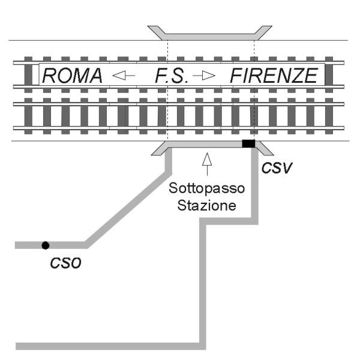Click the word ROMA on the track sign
pos(72,76)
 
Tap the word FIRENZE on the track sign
pos(274,76)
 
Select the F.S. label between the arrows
pos(172,76)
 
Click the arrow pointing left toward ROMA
pos(124,76)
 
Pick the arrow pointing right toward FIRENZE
pos(204,76)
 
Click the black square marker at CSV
pos(248,143)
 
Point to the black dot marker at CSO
pos(46,245)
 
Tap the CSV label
pos(277,168)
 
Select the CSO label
pos(65,263)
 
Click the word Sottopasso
pos(206,188)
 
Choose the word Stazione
pos(206,205)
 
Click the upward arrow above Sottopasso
pos(207,164)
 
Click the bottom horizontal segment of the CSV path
pos(110,346)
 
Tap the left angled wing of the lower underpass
pos(160,149)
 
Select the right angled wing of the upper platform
pos(263,32)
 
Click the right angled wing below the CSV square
pos(265,149)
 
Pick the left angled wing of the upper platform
pos(157,32)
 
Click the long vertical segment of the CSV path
pos(203,284)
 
